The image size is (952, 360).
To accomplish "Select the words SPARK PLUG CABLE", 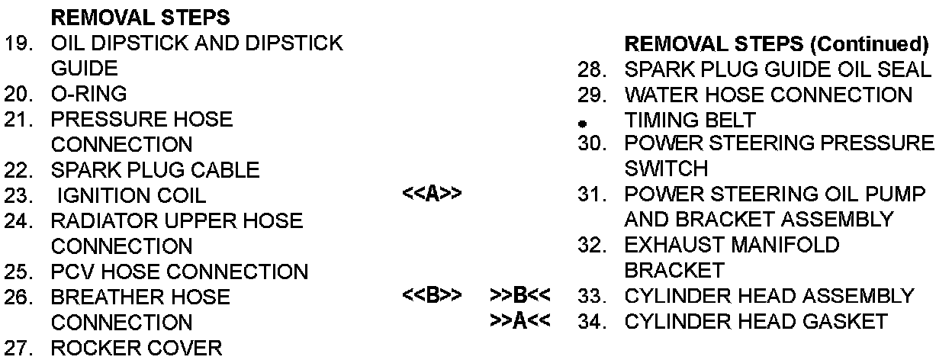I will (x=155, y=169).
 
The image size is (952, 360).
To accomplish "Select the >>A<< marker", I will (x=520, y=321).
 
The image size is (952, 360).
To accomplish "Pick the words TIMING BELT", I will (x=690, y=120).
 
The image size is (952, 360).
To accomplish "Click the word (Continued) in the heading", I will (x=867, y=43).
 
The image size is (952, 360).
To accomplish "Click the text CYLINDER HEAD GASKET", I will (x=756, y=321).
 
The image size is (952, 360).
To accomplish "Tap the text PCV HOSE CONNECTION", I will (x=179, y=271).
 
